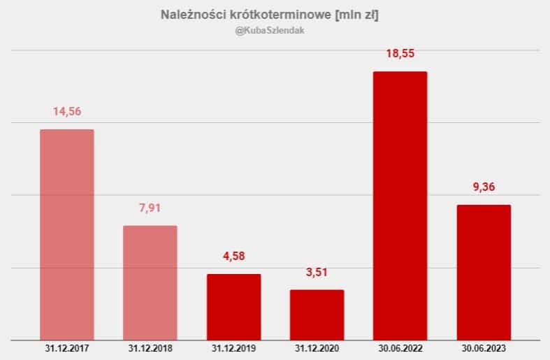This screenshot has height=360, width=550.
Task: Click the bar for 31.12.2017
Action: coord(67,234)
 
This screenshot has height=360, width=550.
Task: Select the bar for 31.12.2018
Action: coord(150,282)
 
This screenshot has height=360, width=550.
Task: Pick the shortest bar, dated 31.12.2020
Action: coord(317,315)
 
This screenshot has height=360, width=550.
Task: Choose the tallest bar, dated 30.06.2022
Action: coord(400,206)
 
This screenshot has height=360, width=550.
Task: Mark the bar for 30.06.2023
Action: coord(484,272)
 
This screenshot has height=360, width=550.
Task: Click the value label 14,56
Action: coord(67,111)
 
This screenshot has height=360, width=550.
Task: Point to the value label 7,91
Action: coord(150,208)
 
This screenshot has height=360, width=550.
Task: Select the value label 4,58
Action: coord(233,256)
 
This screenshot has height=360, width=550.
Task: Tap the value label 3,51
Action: coord(317,272)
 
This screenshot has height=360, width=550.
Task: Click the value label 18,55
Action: coord(400,53)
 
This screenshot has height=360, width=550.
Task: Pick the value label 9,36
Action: coord(484,187)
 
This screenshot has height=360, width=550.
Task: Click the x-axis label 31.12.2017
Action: coord(67,347)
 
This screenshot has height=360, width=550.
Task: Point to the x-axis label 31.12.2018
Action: coord(150,347)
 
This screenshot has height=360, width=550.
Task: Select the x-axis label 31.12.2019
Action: coord(233,347)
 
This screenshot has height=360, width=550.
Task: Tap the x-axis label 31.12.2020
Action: coord(317,347)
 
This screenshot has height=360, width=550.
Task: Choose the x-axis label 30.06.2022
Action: coord(400,347)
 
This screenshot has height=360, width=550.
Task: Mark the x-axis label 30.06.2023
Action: coord(484,347)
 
